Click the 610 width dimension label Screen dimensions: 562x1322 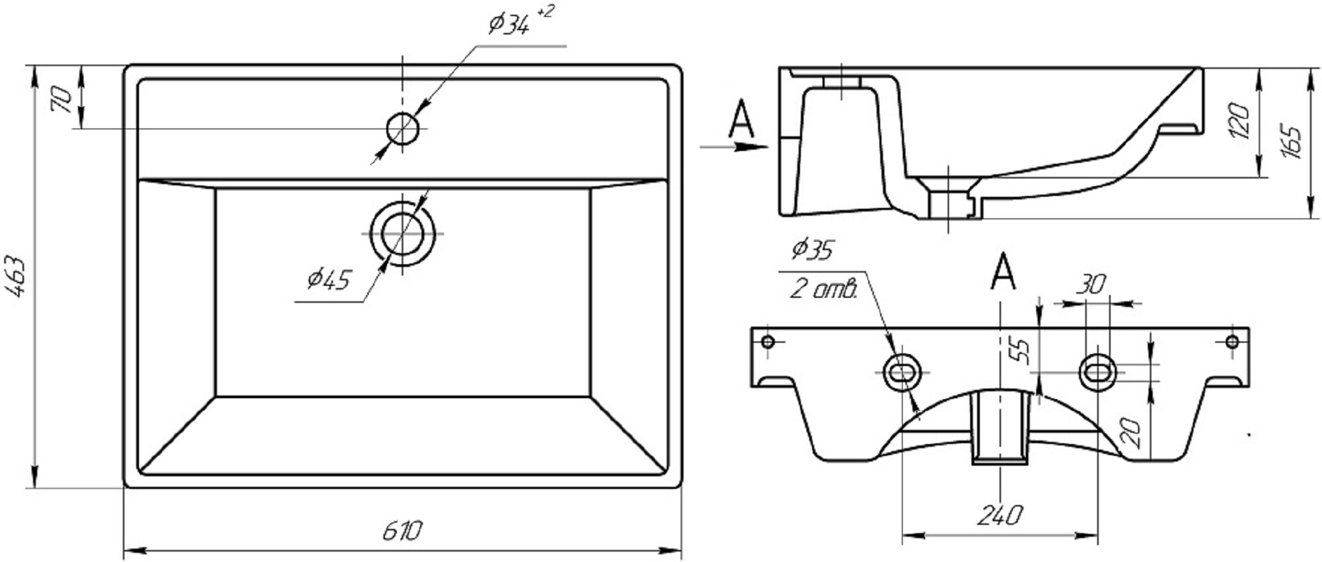[x=403, y=532]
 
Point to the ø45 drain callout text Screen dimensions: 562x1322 [x=329, y=280]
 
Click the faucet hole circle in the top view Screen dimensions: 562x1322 [x=403, y=129]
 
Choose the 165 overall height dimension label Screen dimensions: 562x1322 [x=1292, y=142]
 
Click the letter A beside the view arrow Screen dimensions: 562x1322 [x=740, y=119]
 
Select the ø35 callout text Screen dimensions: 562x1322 [x=812, y=249]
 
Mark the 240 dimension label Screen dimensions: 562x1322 [x=1000, y=516]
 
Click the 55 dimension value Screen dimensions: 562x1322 [x=1023, y=351]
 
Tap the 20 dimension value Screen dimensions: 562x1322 [x=1131, y=434]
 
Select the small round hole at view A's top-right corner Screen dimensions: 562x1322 [x=1232, y=341]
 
